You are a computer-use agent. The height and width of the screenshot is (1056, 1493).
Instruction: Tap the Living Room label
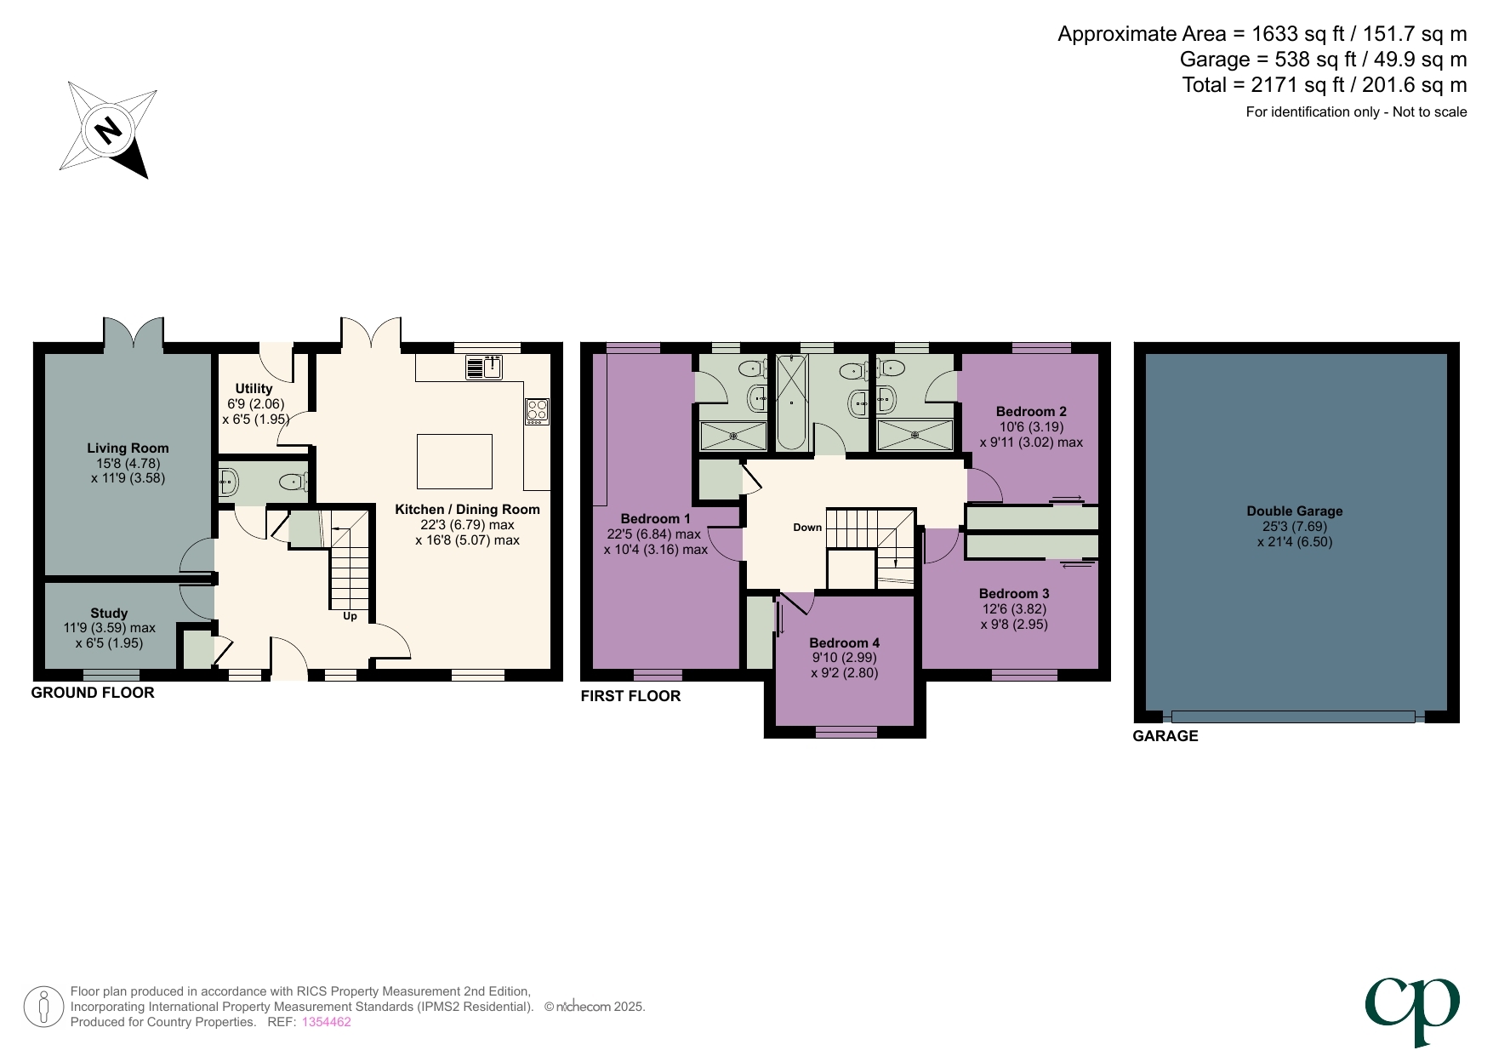click(128, 448)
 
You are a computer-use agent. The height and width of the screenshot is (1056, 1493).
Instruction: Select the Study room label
click(109, 614)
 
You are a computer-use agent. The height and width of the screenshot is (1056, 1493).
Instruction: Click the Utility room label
click(254, 389)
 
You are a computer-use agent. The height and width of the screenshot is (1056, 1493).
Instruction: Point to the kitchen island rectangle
click(454, 461)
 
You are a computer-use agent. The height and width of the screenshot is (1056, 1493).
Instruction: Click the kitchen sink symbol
click(484, 368)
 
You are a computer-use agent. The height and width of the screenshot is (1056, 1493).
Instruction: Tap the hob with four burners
click(537, 411)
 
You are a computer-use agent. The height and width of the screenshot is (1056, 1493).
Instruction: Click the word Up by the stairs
click(350, 616)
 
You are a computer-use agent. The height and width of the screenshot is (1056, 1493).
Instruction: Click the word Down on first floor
click(807, 528)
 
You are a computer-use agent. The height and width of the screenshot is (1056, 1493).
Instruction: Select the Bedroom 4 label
click(844, 643)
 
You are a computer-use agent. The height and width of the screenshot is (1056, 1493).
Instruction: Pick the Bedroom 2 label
click(1031, 412)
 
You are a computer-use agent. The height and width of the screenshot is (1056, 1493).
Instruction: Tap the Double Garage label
click(1294, 511)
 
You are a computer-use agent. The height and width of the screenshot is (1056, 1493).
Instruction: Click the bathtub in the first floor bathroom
click(792, 402)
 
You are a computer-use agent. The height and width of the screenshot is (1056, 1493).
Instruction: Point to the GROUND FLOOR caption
click(93, 693)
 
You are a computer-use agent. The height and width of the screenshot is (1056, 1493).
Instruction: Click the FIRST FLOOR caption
click(630, 696)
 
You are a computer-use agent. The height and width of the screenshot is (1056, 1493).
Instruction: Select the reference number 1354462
click(326, 1022)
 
